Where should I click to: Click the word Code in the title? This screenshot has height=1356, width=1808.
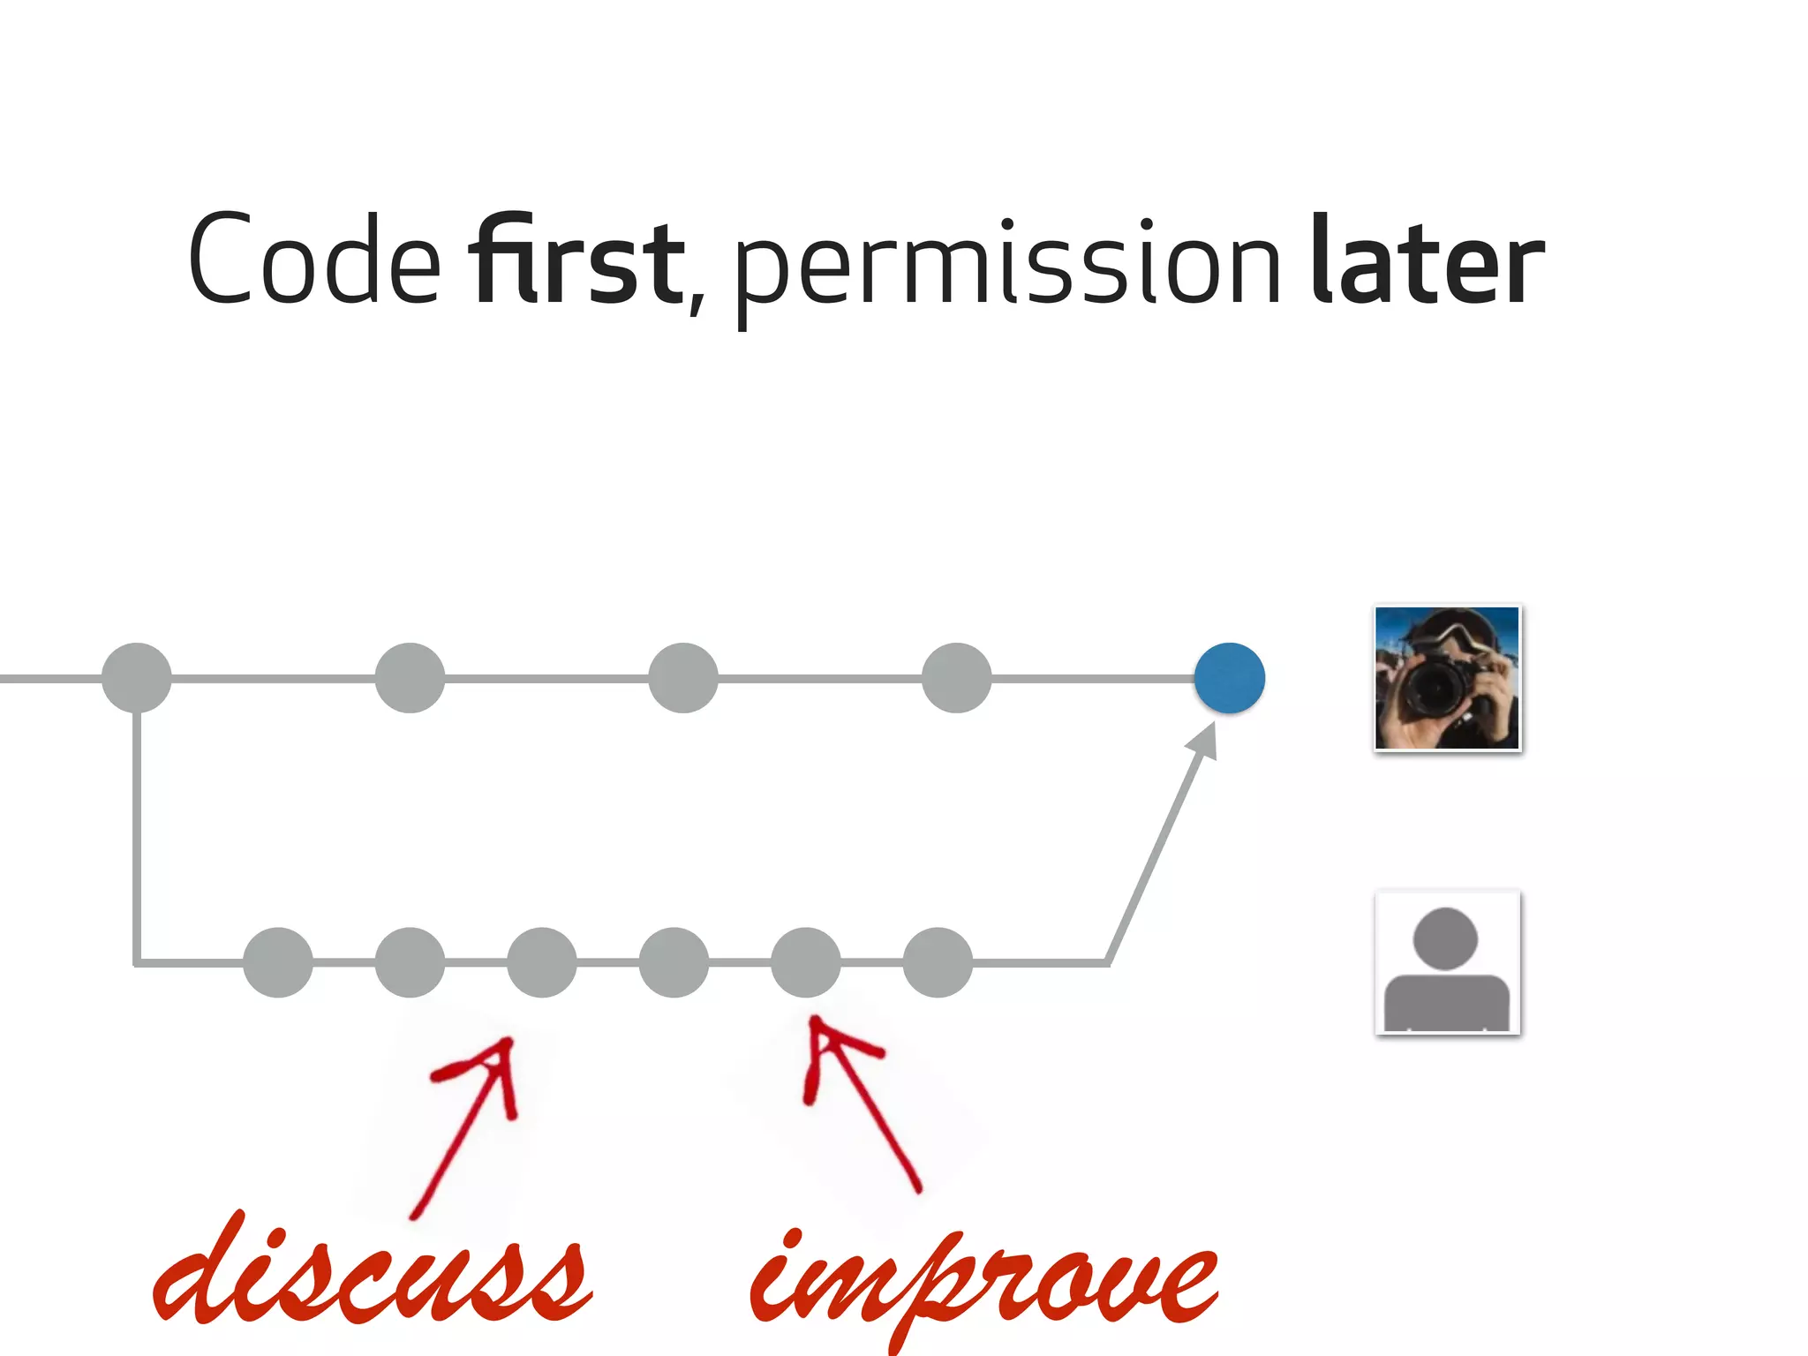(x=314, y=260)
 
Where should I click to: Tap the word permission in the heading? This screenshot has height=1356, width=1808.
(x=1006, y=265)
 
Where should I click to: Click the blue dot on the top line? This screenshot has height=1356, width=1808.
(x=1229, y=678)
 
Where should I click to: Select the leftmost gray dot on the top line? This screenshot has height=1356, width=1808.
(x=137, y=678)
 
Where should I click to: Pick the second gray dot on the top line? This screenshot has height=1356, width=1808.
(x=410, y=678)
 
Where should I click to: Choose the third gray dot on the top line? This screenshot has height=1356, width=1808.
(x=683, y=678)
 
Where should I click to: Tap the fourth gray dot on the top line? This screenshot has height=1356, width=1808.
(x=956, y=678)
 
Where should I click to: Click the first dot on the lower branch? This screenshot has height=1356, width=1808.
(x=278, y=962)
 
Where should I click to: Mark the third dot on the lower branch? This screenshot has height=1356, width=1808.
(x=542, y=962)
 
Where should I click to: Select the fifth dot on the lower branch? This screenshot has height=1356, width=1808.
(x=806, y=962)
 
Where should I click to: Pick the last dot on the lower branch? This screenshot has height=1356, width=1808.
(x=938, y=962)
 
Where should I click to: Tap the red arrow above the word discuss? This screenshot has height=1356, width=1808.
(x=468, y=1121)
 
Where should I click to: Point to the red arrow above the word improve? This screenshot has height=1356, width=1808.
(x=861, y=1104)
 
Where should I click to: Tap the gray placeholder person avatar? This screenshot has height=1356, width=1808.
(x=1448, y=962)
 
